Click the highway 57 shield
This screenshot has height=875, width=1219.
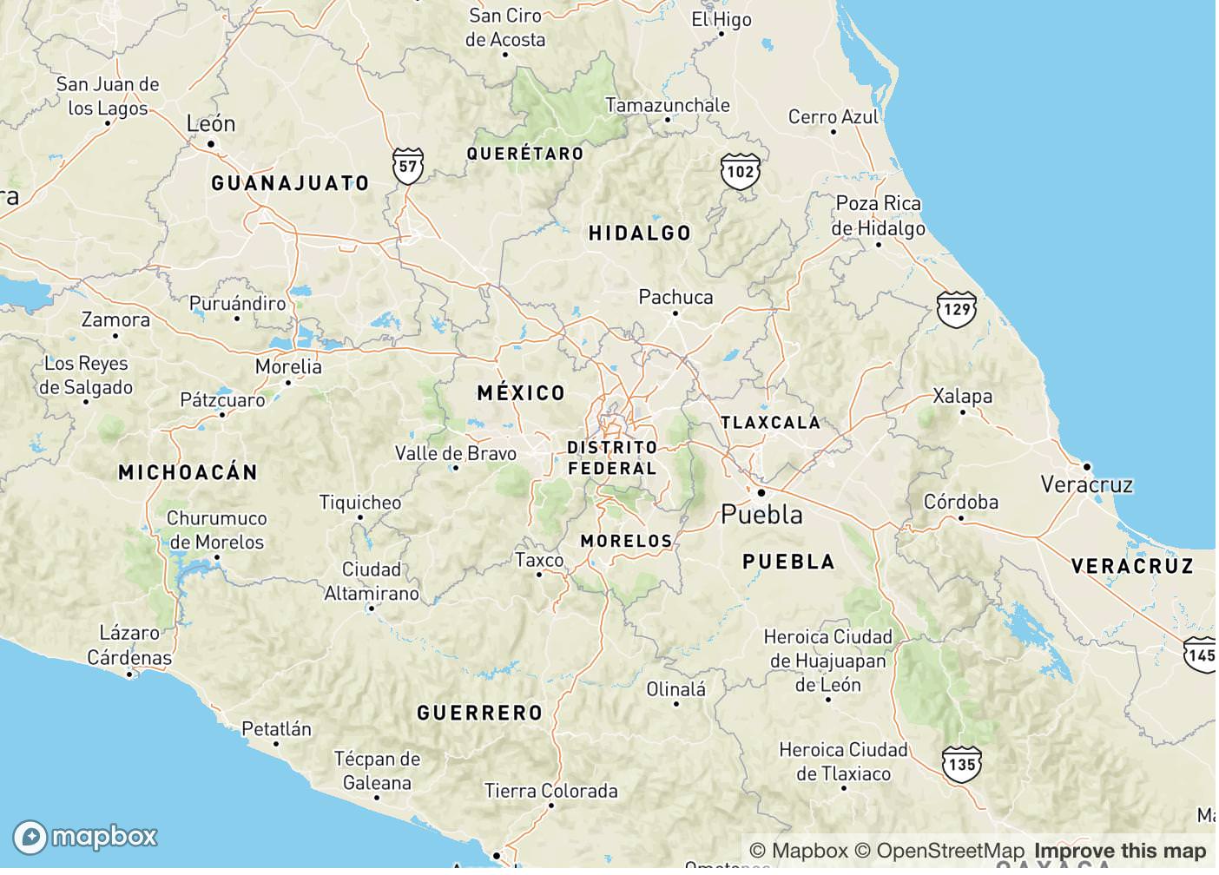(x=408, y=165)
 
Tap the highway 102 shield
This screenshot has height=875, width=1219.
(x=740, y=171)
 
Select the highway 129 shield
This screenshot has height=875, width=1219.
(x=956, y=309)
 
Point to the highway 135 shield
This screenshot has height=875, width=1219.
(x=961, y=764)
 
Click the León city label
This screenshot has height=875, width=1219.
(x=211, y=124)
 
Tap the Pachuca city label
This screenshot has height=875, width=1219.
(x=675, y=297)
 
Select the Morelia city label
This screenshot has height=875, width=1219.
(x=288, y=366)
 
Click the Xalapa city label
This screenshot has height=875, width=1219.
(x=962, y=396)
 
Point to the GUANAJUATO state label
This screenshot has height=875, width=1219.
(x=290, y=183)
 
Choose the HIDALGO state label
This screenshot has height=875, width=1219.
(x=640, y=233)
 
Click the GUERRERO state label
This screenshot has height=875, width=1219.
(x=479, y=714)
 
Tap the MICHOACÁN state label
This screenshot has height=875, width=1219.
(x=188, y=472)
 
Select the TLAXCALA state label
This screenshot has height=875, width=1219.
(x=770, y=423)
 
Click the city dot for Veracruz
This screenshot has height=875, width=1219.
(x=1086, y=466)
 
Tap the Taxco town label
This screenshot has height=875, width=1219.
(x=539, y=560)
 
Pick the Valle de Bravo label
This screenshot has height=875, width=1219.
(x=455, y=453)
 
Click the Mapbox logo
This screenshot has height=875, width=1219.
(x=85, y=836)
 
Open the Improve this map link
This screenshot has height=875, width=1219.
(x=1120, y=851)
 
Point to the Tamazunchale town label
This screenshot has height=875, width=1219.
(x=667, y=105)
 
